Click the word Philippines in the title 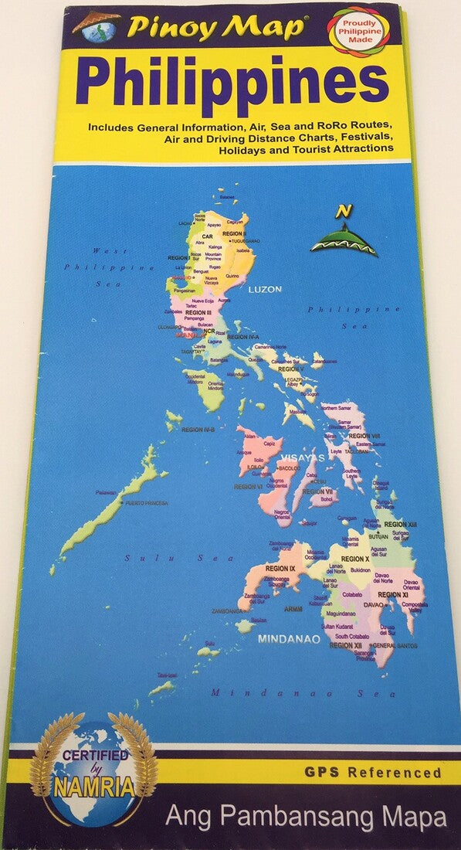(232, 80)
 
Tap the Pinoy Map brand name (216, 28)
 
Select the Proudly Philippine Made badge (357, 32)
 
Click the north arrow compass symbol (343, 231)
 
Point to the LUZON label (265, 289)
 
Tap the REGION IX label (280, 569)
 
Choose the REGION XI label (393, 594)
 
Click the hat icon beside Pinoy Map (97, 25)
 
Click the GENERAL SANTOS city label (395, 644)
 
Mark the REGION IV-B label (199, 429)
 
